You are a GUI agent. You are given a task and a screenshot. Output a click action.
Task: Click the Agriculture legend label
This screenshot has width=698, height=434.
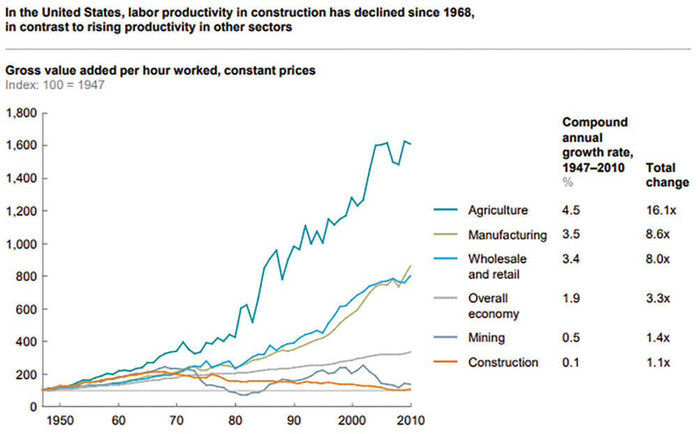point(498,210)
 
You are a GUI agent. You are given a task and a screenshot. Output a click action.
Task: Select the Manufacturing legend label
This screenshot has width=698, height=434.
point(507,234)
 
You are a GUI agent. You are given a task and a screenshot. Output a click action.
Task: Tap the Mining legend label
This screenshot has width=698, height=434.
point(485,338)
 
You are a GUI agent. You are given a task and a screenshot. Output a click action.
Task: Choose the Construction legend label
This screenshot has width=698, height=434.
point(503,362)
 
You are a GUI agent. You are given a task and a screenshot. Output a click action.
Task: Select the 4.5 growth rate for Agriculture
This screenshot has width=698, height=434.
point(571,210)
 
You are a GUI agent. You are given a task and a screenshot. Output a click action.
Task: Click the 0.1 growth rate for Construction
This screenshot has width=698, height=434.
point(571,362)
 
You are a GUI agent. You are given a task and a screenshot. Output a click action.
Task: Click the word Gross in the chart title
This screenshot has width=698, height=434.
point(21,70)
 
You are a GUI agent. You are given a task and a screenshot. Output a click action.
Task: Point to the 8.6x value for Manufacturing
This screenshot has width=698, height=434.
point(657,234)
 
